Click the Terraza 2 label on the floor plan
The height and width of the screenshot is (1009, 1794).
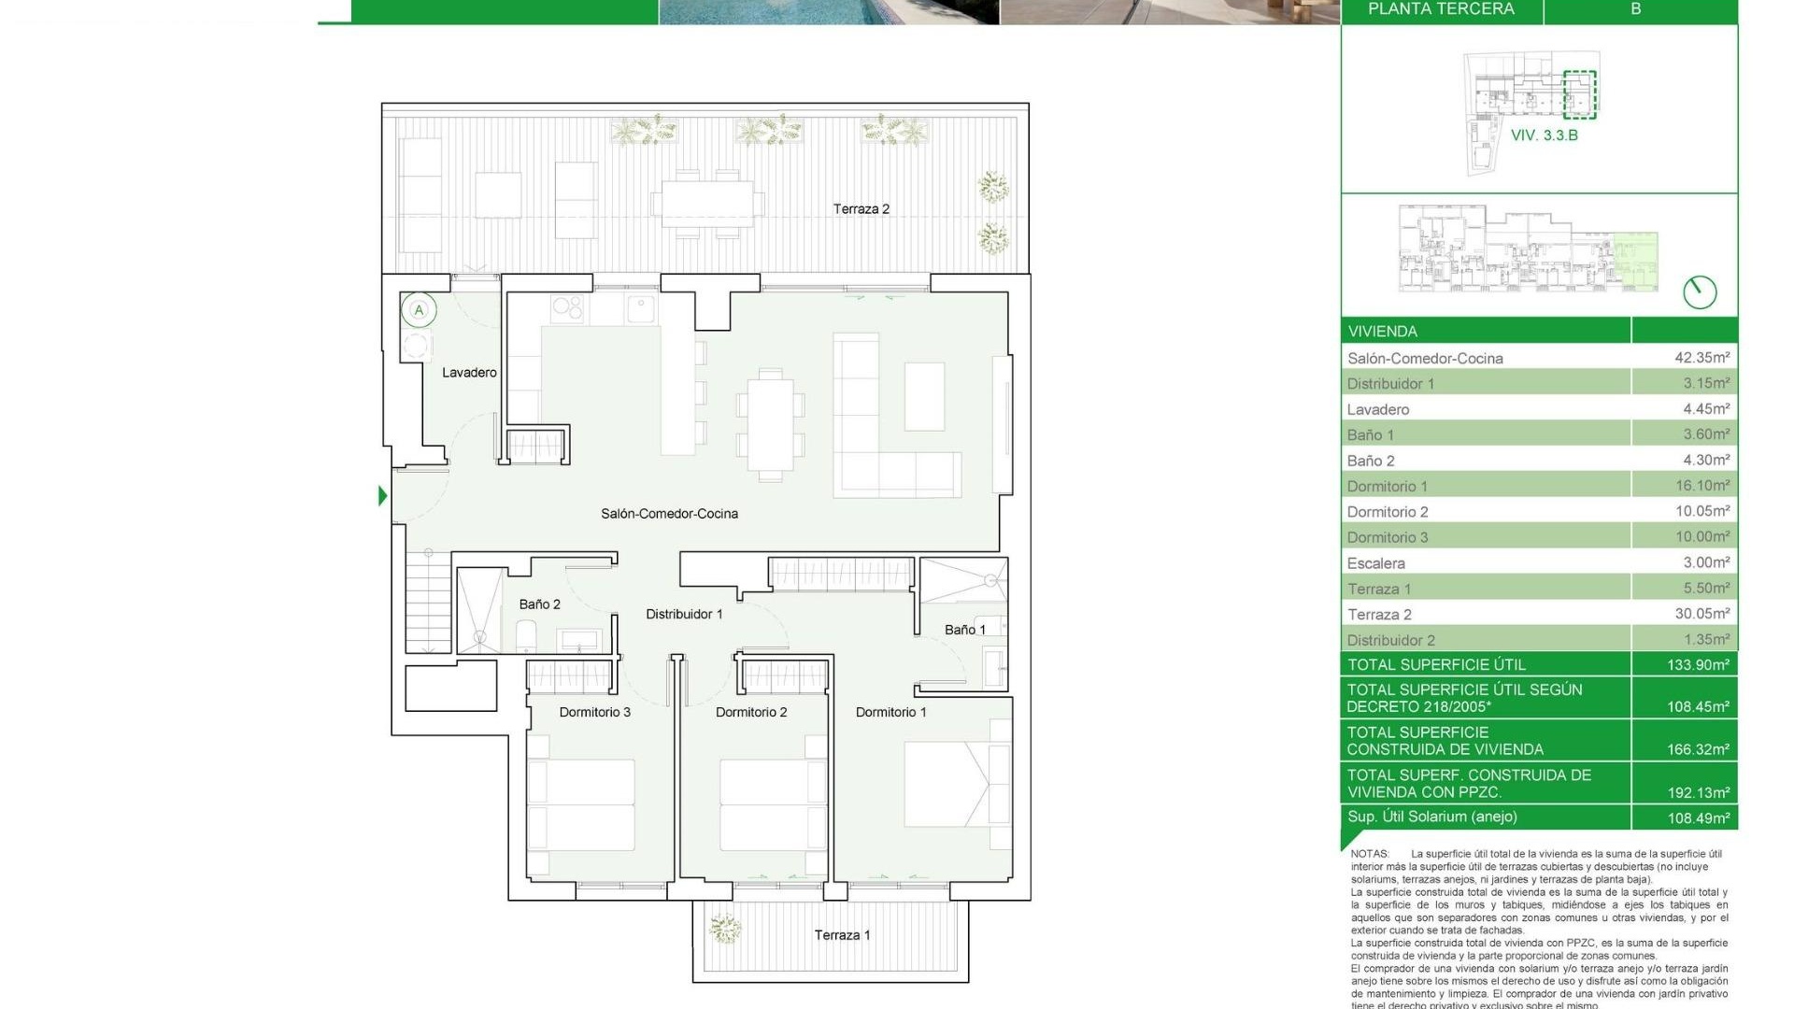coord(861,209)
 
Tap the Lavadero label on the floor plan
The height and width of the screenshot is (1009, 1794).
coord(469,373)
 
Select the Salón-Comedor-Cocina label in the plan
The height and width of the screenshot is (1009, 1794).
coord(669,514)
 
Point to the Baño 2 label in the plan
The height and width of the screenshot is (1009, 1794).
coord(540,604)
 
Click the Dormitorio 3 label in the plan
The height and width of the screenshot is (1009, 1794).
coord(594,712)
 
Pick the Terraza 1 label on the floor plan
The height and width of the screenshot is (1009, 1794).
coord(842,935)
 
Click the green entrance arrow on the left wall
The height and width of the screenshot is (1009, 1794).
coord(382,495)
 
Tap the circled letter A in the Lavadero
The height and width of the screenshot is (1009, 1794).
coord(419,310)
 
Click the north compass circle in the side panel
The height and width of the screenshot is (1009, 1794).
coord(1700,292)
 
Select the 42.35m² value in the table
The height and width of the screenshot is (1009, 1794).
coord(1701,358)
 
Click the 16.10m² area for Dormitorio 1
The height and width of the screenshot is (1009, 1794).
coord(1701,486)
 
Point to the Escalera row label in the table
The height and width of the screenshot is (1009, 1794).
coord(1375,563)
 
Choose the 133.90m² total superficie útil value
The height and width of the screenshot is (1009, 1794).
coord(1698,665)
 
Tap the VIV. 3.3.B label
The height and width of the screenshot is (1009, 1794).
coord(1544,135)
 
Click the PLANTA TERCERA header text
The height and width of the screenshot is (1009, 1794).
coord(1441,9)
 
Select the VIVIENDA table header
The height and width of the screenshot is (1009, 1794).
coord(1382,332)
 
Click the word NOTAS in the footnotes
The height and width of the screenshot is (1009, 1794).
coord(1370,854)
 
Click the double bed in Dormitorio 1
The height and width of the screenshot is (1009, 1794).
coord(945,784)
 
